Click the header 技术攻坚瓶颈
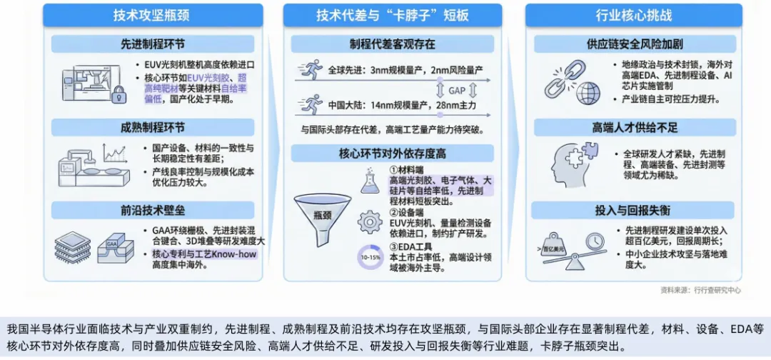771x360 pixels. [153, 15]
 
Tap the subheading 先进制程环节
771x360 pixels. [152, 44]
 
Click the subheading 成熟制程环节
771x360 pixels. [152, 128]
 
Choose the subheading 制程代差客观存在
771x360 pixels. [392, 44]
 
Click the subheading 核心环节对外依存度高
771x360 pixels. [392, 154]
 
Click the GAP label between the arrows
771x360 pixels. [458, 90]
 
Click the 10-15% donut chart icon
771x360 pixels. [370, 257]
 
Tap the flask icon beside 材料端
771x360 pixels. [370, 182]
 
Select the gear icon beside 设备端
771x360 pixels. [370, 222]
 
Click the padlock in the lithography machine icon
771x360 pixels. [119, 94]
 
